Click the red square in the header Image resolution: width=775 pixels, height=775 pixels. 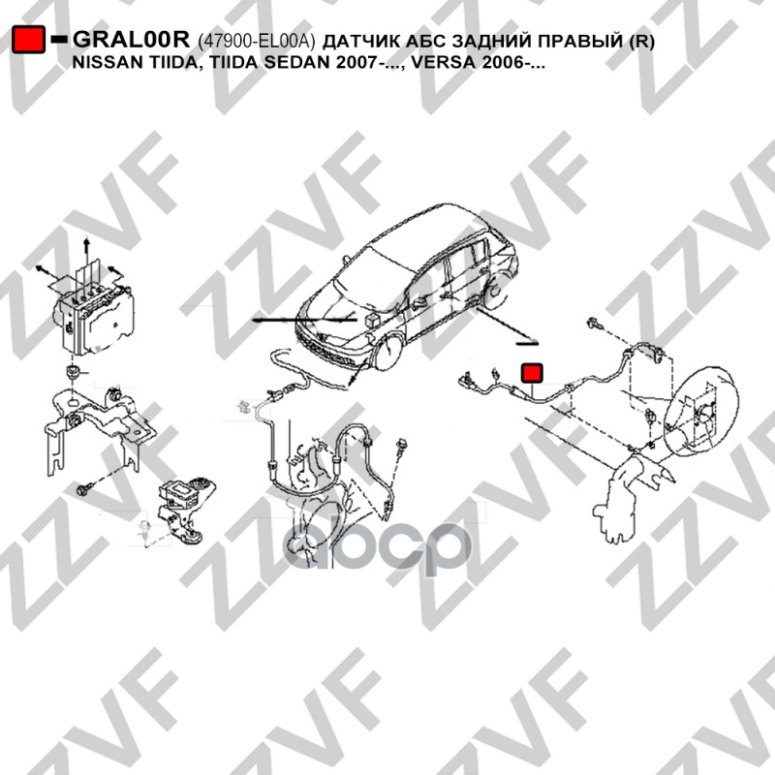click(29, 40)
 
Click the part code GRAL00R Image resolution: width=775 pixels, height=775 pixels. click(132, 40)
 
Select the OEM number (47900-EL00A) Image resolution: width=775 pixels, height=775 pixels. click(256, 41)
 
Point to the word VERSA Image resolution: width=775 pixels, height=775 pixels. click(444, 63)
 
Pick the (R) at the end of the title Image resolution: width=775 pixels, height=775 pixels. click(641, 42)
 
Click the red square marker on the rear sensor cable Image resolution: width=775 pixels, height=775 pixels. click(532, 373)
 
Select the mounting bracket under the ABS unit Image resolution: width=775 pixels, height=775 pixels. click(99, 425)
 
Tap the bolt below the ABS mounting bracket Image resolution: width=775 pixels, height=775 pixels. click(82, 490)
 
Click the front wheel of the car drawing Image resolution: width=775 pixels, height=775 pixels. click(389, 352)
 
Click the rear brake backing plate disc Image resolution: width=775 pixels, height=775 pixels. click(700, 410)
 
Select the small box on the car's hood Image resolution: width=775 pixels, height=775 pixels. click(372, 319)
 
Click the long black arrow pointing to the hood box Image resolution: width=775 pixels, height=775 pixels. click(304, 321)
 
